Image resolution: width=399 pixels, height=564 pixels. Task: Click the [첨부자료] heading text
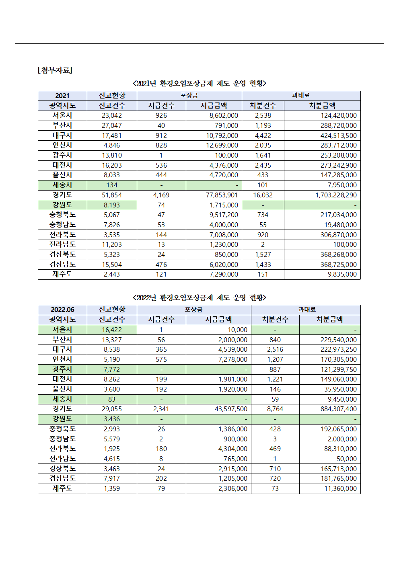55,70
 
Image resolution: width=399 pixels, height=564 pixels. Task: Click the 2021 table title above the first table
199,83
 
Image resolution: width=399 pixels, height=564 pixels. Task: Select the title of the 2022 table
199,297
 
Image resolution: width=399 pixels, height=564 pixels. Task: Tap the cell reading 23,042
112,115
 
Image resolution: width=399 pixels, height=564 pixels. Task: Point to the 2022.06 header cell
62,310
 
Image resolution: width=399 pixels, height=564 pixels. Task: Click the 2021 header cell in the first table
62,96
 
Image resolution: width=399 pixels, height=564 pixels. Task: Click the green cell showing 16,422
112,330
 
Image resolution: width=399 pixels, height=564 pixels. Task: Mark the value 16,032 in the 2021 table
263,195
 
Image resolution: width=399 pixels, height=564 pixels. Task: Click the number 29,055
112,409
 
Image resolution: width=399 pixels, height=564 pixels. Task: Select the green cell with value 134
112,185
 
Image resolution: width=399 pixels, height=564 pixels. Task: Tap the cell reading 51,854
112,195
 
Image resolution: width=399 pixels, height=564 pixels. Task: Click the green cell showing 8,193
112,205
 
